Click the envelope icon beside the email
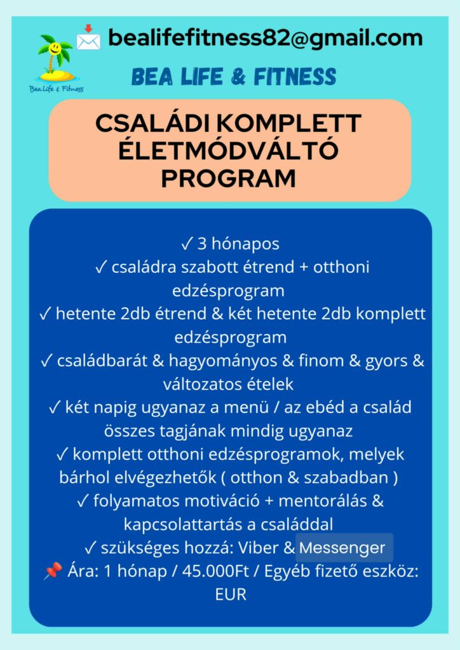coord(88,38)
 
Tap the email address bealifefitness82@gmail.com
coord(265,38)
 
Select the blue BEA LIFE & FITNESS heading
coord(233,77)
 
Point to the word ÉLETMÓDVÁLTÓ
coord(229,151)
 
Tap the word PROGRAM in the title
coord(229,178)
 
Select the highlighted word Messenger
coord(343,547)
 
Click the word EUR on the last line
coord(230,595)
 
